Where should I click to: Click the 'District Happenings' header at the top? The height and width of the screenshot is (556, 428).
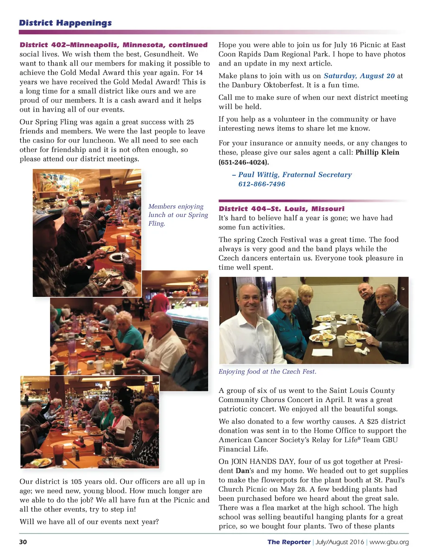pyautogui.click(x=65, y=23)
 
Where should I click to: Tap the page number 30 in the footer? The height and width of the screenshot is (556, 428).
pyautogui.click(x=23, y=542)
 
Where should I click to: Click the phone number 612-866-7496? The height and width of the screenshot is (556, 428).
pyautogui.click(x=262, y=184)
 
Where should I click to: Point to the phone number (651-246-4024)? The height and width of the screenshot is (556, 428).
pyautogui.click(x=244, y=162)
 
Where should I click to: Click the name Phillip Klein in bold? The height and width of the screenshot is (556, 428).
pyautogui.click(x=377, y=153)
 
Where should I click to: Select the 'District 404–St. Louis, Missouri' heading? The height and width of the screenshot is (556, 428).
pyautogui.click(x=281, y=209)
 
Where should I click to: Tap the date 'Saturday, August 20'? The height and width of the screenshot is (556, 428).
pyautogui.click(x=359, y=76)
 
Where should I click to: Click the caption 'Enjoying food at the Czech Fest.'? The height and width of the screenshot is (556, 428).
pyautogui.click(x=267, y=372)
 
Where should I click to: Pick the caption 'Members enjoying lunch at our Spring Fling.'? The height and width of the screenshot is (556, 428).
pyautogui.click(x=178, y=215)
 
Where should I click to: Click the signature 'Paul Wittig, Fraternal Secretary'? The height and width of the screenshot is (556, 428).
pyautogui.click(x=295, y=175)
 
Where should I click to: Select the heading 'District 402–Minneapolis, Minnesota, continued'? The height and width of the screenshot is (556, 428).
pyautogui.click(x=113, y=45)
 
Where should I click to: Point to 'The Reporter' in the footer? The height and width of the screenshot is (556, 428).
pyautogui.click(x=289, y=542)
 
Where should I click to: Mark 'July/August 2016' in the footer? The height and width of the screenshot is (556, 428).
pyautogui.click(x=340, y=542)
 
